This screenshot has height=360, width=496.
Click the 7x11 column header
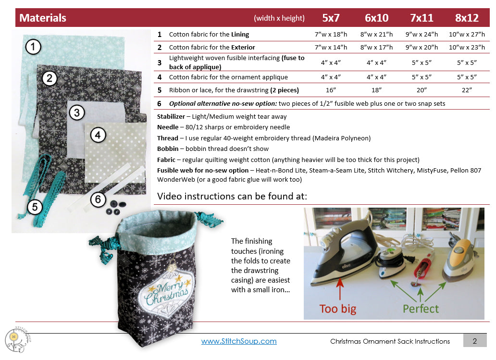[422, 18]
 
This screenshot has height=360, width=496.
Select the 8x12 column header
[467, 18]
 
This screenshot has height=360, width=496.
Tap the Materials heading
[43, 18]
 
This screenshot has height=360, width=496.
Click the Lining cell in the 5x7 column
[331, 35]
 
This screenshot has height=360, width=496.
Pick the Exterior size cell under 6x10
[376, 47]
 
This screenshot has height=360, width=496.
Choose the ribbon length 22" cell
[467, 90]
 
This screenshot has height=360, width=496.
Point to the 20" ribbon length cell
[422, 90]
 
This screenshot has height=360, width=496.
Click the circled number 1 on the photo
[33, 47]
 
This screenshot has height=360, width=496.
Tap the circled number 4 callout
[98, 136]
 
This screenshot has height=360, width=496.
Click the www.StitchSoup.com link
[239, 341]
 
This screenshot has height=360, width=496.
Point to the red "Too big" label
[338, 308]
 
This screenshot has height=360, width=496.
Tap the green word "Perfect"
[421, 308]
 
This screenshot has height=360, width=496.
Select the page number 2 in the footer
[474, 341]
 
